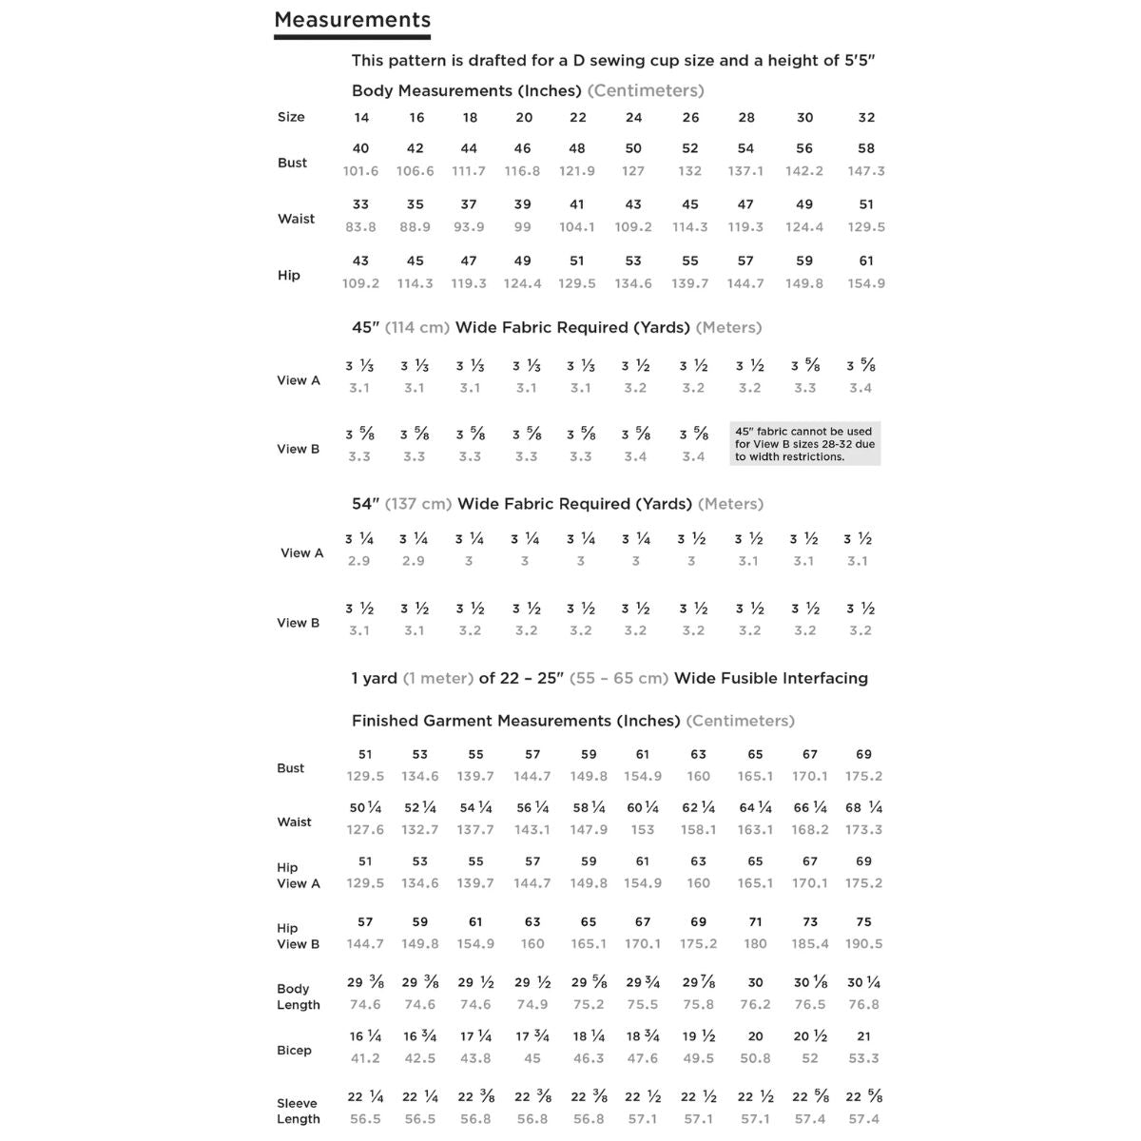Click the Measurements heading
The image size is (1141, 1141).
point(352,20)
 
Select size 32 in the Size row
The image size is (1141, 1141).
point(866,118)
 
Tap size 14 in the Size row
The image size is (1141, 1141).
point(361,118)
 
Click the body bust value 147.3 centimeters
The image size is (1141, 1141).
point(866,171)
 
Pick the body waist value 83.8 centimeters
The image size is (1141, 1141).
point(360,227)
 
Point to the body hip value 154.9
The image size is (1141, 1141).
point(866,283)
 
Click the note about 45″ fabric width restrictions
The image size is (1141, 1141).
point(804,444)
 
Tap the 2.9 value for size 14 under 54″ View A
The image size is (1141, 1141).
point(359,561)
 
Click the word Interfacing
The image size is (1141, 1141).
point(821,678)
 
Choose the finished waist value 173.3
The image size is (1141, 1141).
point(863,829)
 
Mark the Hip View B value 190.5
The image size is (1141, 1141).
point(863,944)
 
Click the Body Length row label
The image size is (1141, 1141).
point(298,996)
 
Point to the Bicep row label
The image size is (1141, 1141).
point(294,1050)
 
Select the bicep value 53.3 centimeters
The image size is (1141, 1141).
point(863,1058)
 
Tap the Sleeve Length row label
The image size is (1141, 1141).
point(298,1111)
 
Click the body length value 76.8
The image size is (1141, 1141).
point(863,1004)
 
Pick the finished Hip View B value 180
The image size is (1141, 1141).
point(755,944)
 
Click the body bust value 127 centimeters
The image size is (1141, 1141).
point(633,171)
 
